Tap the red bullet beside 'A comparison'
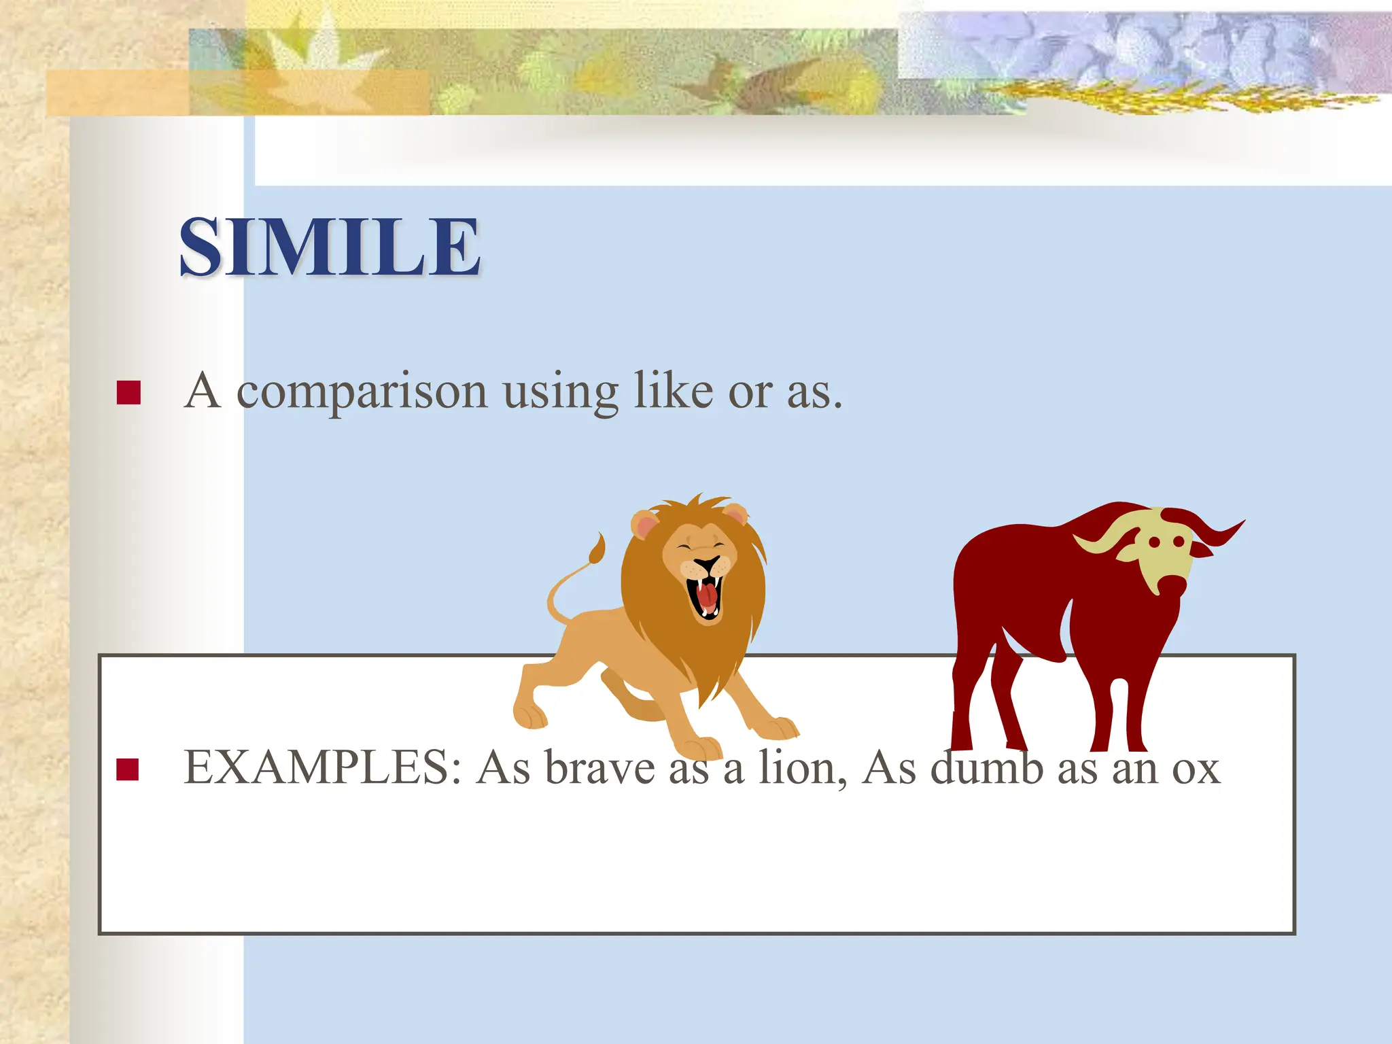128,393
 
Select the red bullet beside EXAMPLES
128,769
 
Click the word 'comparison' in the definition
362,393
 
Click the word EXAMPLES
322,768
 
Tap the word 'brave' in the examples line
599,768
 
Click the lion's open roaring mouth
706,595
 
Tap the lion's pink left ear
644,525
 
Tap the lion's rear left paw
529,716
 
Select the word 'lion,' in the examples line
802,768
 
